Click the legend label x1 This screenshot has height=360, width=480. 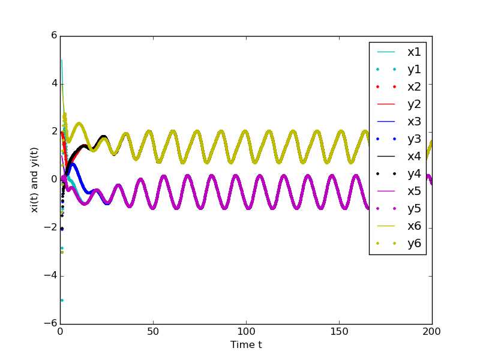pos(414,52)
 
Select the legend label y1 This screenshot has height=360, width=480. pos(414,70)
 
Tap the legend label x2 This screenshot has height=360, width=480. pos(414,87)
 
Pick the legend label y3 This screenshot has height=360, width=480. pos(414,139)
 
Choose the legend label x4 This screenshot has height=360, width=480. pos(414,157)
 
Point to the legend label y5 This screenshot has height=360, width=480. pos(414,209)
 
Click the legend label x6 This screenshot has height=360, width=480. pos(414,226)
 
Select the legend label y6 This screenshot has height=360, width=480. pos(414,244)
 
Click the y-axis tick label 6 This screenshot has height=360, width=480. pos(53,35)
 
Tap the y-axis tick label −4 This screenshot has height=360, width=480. pos(50,276)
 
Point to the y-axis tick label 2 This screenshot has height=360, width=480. pos(53,131)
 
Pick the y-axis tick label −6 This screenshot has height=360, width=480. pos(50,324)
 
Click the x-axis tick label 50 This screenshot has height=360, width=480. pos(153,332)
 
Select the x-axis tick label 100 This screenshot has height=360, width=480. pos(246,332)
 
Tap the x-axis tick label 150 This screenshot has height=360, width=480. pos(339,332)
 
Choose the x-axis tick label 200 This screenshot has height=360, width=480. pos(431,332)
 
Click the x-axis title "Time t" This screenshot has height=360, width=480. pos(246,345)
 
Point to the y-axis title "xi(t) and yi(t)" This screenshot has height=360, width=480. pos(35,179)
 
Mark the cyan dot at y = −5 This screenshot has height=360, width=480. pos(61,300)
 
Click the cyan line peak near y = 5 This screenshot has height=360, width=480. pos(61,60)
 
